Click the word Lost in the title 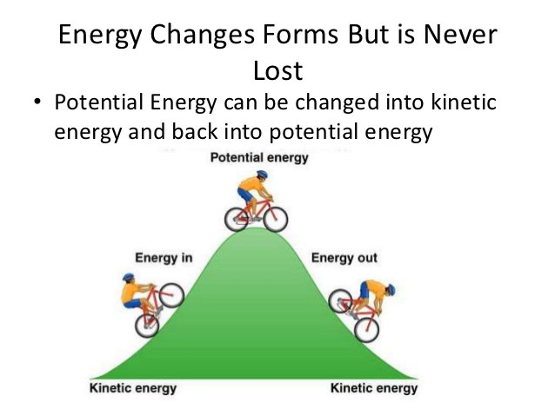(x=277, y=70)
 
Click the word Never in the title (x=460, y=34)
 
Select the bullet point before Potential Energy (x=37, y=102)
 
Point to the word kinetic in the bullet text (x=464, y=102)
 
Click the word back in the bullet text (x=194, y=131)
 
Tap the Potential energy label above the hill (x=259, y=158)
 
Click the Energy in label (x=164, y=258)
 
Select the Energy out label (x=344, y=258)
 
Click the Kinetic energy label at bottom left (x=133, y=388)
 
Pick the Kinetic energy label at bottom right (x=374, y=388)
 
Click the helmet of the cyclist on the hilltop (x=263, y=175)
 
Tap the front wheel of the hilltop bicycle (x=276, y=219)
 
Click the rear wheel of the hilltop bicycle (x=237, y=219)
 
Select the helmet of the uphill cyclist (x=129, y=277)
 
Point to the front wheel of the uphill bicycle (x=171, y=295)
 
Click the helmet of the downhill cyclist (x=391, y=290)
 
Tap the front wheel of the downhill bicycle (x=367, y=330)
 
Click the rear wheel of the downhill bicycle (x=340, y=300)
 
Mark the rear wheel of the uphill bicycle (x=147, y=326)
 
